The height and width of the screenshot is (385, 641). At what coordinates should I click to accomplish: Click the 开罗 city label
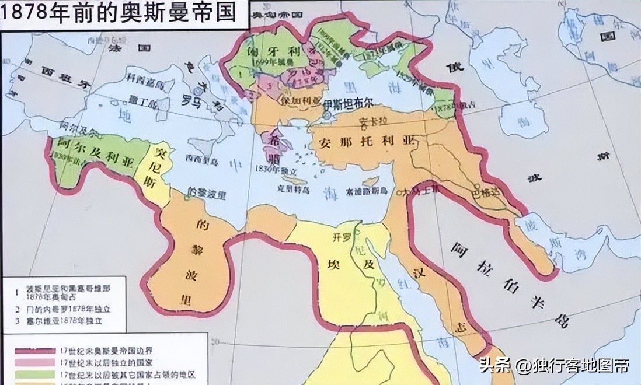coord(340,238)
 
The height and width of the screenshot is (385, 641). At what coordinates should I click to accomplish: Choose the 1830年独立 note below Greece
coord(273,169)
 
